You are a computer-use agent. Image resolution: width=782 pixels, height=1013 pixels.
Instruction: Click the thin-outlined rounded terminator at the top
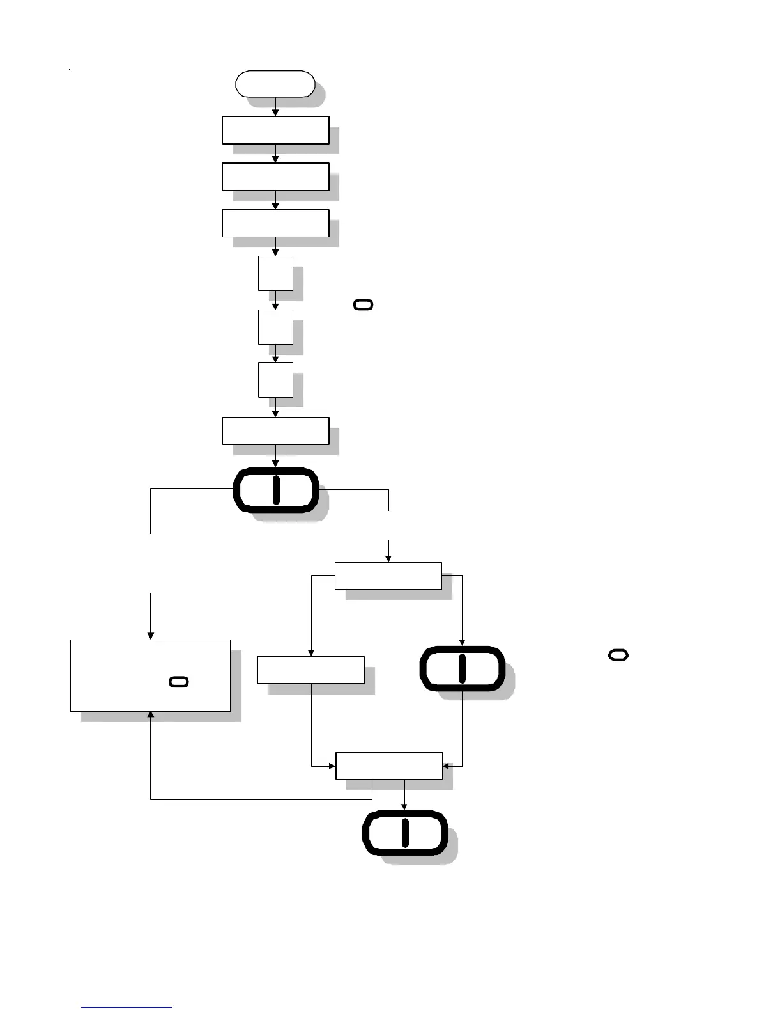[x=275, y=84]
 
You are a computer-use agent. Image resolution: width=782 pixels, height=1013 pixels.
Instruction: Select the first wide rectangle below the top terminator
[x=275, y=130]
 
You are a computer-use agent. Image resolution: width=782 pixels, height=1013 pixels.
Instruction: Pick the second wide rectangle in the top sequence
[x=275, y=177]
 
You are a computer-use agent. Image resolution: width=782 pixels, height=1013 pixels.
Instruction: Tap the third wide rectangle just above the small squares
[x=275, y=223]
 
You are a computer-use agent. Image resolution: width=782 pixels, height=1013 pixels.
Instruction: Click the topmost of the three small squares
[x=275, y=273]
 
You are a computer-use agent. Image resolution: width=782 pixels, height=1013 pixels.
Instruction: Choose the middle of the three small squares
[x=275, y=327]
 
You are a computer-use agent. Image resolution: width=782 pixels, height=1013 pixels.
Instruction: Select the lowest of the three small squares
[x=275, y=379]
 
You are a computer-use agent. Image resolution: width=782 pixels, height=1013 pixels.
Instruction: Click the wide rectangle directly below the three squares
[x=275, y=430]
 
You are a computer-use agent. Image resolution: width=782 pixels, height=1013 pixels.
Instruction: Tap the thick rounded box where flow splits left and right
[x=276, y=490]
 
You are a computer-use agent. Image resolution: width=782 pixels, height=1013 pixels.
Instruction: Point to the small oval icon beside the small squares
[x=363, y=305]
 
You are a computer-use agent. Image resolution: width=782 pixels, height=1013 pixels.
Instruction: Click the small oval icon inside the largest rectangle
[x=179, y=682]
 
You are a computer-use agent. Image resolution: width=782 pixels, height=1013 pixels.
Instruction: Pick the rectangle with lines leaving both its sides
[x=388, y=576]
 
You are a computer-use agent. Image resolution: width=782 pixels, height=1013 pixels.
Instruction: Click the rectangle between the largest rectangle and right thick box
[x=310, y=670]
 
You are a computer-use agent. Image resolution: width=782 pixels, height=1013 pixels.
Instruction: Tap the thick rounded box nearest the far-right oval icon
[x=462, y=668]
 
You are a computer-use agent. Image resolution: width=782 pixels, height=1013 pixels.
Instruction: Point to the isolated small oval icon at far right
[x=618, y=655]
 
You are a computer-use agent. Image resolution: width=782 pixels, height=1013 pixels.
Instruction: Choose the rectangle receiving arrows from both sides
[x=388, y=766]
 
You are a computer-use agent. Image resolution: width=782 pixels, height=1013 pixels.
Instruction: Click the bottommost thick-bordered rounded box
[x=404, y=833]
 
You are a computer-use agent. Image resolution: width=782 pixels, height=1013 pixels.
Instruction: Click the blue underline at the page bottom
[x=126, y=1007]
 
